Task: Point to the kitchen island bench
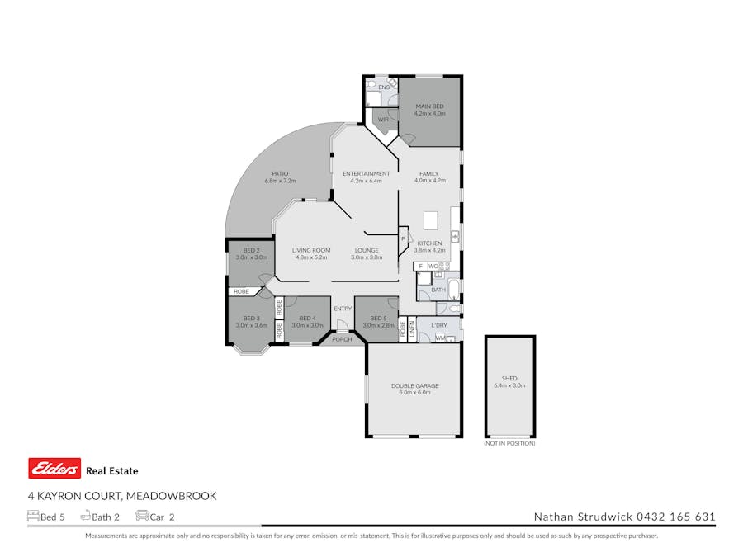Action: (x=430, y=220)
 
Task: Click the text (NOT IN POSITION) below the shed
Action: (x=509, y=443)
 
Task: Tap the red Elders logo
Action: (x=54, y=469)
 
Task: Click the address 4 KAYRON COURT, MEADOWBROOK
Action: (x=122, y=496)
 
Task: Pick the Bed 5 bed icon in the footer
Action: (x=33, y=517)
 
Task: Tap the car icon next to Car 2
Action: (x=141, y=517)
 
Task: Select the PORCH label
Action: (x=342, y=339)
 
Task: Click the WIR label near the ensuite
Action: (x=383, y=120)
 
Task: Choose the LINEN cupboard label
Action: (x=411, y=330)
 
